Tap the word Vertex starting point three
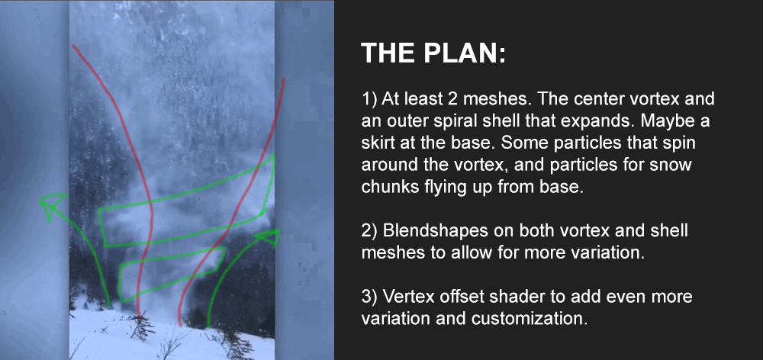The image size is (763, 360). (x=407, y=297)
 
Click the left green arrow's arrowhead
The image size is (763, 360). (x=53, y=204)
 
